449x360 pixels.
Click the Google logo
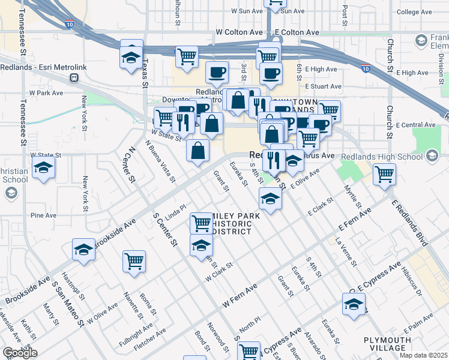pyautogui.click(x=20, y=352)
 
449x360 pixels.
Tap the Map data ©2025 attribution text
pyautogui.click(x=423, y=355)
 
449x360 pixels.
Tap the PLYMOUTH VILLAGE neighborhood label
pyautogui.click(x=388, y=344)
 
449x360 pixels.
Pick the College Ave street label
pyautogui.click(x=416, y=12)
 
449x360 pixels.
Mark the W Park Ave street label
pyautogui.click(x=46, y=94)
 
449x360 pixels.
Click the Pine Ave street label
pyautogui.click(x=43, y=214)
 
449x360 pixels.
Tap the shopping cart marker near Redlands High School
pyautogui.click(x=384, y=175)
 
